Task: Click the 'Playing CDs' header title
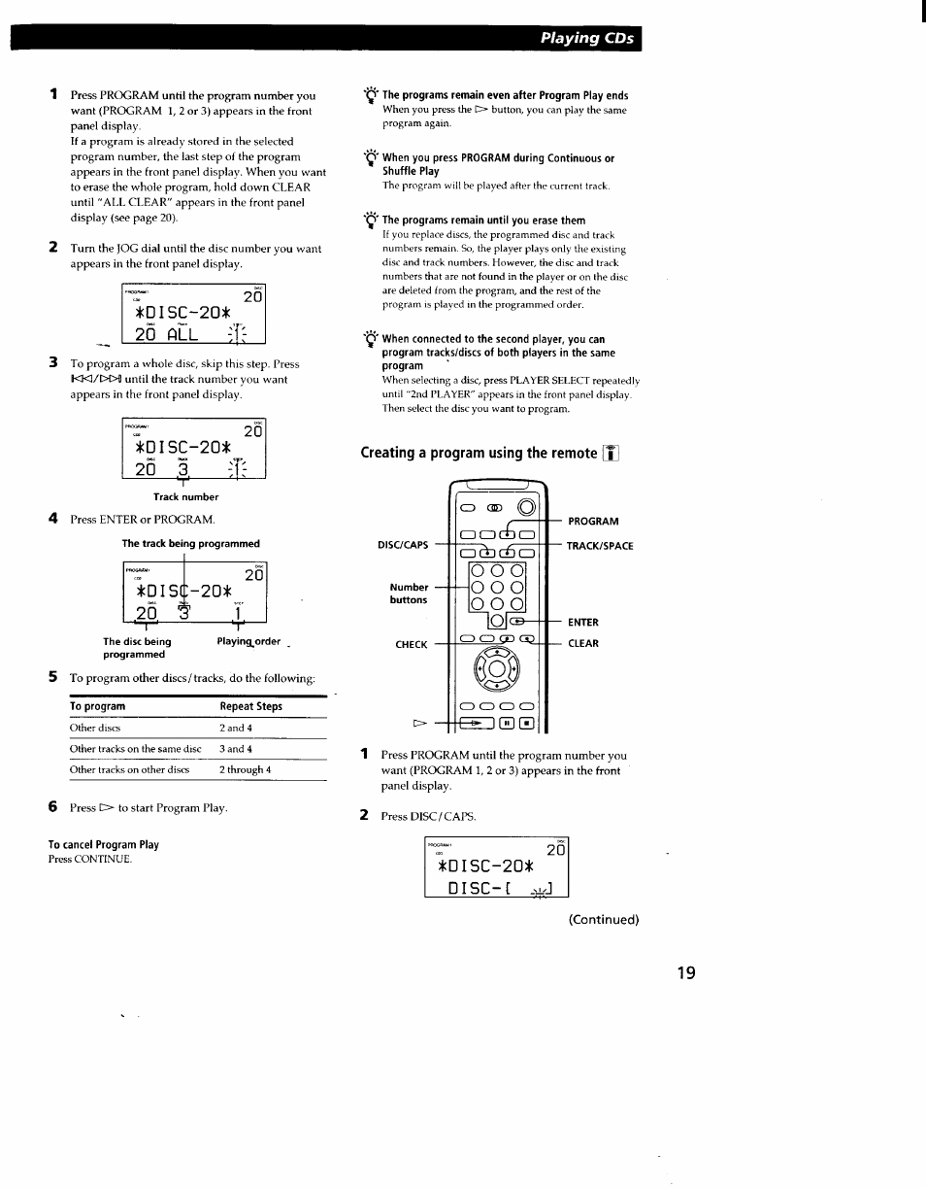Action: pos(587,39)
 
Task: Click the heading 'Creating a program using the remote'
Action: pos(480,453)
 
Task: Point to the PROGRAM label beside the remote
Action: pos(593,522)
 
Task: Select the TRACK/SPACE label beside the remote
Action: pos(600,546)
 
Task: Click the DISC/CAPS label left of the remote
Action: pos(402,545)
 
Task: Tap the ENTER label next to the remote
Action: pos(583,623)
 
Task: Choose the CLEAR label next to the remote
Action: pos(583,643)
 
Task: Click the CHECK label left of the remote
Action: pos(411,644)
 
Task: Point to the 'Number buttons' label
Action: pos(409,594)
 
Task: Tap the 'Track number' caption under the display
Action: pos(185,496)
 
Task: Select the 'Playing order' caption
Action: pos(248,642)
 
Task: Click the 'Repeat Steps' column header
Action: pos(250,706)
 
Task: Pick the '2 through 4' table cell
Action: pos(245,769)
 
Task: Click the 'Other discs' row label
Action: pos(95,728)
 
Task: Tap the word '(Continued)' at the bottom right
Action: pos(603,919)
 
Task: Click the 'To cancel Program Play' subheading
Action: pos(104,844)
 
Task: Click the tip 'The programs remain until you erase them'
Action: pos(483,221)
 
